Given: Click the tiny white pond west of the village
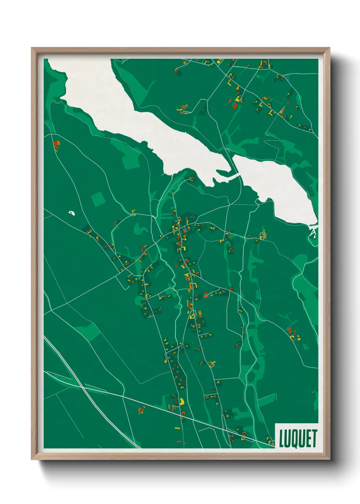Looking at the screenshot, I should pyautogui.click(x=71, y=213).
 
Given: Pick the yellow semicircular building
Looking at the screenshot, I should pyautogui.click(x=182, y=401).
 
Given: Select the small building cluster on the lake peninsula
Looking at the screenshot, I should pyautogui.click(x=192, y=178).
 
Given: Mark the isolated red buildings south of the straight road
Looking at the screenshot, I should pyautogui.click(x=141, y=410).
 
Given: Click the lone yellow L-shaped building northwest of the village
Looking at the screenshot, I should pyautogui.click(x=134, y=213).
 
